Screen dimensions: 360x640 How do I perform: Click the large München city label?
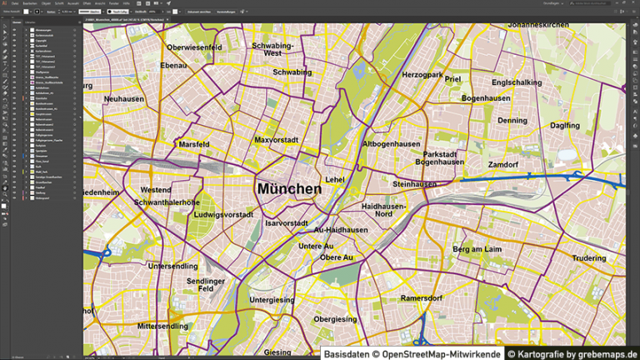coord(289,189)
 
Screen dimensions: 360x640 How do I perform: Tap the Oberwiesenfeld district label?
coord(194,48)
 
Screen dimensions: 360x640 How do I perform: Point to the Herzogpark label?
coord(423,75)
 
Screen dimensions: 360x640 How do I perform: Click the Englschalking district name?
coord(517,82)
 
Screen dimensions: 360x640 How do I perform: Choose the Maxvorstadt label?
coord(276,140)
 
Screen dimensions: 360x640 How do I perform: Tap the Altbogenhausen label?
coord(391,144)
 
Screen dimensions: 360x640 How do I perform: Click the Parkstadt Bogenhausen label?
coord(440,157)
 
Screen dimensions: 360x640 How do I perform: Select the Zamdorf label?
coord(502,165)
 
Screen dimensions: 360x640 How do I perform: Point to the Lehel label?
coord(334,179)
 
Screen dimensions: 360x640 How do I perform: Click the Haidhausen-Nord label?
coord(384,209)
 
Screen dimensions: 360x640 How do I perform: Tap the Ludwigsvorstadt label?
coord(222,215)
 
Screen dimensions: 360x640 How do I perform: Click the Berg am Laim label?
coord(477,249)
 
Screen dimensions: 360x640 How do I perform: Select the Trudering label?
coord(589,258)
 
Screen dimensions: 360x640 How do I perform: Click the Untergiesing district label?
coord(272,300)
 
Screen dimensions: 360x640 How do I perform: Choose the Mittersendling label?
coord(162,326)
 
